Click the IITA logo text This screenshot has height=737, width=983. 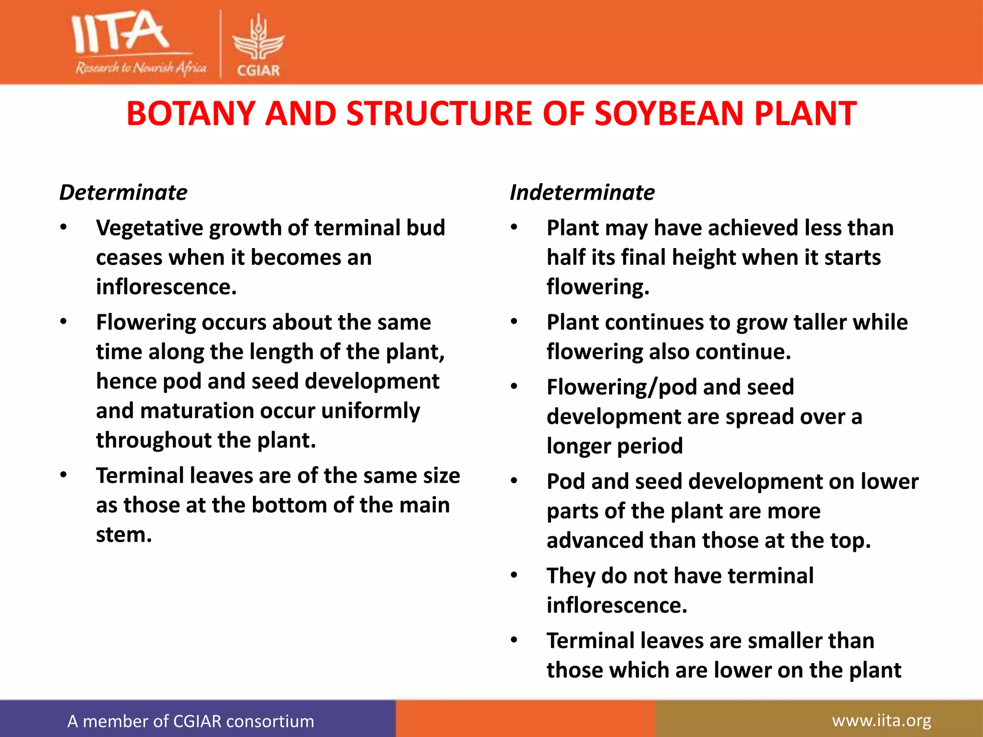[x=120, y=32]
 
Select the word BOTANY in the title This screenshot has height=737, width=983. [x=190, y=114]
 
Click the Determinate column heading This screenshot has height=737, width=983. [x=123, y=193]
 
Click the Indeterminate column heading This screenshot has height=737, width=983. [x=582, y=193]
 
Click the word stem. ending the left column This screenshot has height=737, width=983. [x=124, y=535]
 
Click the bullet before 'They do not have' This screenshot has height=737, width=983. [x=514, y=575]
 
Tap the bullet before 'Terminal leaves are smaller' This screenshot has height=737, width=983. [x=514, y=640]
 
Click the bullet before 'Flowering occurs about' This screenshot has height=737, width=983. [x=63, y=322]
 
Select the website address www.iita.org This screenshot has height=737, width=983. [x=881, y=721]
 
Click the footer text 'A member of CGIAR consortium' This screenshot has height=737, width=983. [x=191, y=721]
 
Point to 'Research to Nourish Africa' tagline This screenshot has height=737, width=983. [x=141, y=68]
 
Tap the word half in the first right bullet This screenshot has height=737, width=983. [x=565, y=258]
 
